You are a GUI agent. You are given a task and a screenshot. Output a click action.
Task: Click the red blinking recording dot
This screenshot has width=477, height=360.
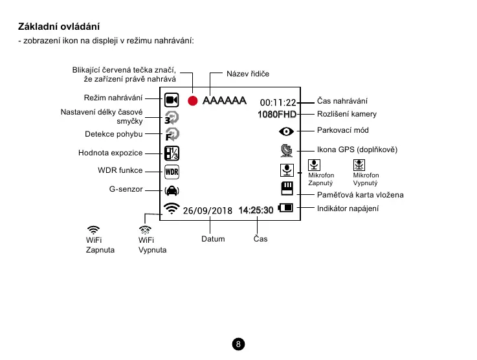192,100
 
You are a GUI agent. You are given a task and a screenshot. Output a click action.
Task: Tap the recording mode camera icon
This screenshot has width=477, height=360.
172,100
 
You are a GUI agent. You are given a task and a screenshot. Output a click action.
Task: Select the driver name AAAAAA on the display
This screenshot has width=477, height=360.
224,101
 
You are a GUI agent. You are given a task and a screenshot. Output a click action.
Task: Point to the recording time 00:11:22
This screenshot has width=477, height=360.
278,102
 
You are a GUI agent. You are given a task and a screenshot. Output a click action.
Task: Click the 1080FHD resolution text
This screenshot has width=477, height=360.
276,115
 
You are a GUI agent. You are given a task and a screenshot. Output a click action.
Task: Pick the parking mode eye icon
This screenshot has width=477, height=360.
285,131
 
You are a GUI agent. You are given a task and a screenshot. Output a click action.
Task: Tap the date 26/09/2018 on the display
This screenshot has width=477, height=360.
207,210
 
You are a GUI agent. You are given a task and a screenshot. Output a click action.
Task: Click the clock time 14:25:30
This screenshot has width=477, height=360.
256,210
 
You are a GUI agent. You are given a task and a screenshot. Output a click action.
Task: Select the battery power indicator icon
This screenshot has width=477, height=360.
285,208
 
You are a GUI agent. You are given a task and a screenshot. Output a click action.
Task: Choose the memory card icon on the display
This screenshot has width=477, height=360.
286,188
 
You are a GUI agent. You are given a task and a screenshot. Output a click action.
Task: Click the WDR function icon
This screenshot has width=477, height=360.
172,172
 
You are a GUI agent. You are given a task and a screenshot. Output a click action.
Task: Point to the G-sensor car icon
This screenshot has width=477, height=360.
172,190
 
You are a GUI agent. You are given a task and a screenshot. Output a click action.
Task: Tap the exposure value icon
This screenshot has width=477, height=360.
172,153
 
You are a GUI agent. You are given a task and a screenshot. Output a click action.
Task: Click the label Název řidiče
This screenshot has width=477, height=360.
247,74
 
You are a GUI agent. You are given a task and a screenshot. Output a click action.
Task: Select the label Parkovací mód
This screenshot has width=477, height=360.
342,131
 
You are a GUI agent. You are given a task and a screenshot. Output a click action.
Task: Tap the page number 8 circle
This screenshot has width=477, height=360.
239,343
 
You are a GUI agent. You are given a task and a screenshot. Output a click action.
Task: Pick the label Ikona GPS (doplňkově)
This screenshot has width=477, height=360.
357,150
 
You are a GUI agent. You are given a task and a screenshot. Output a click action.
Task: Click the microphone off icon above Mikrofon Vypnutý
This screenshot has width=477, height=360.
360,165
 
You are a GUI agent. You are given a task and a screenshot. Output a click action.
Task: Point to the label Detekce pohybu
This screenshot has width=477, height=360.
114,135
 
